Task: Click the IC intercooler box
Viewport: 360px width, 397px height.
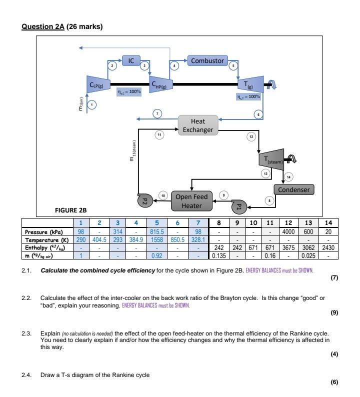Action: (x=131, y=61)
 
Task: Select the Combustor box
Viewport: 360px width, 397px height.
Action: (x=207, y=61)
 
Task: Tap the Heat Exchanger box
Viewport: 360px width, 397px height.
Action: (x=197, y=125)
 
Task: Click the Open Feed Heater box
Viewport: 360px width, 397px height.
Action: (x=192, y=201)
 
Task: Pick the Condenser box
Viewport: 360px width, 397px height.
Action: (x=294, y=189)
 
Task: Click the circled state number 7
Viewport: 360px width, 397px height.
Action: (x=157, y=114)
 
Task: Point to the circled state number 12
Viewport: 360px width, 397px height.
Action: (x=251, y=135)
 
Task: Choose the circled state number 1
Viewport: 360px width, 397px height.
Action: (x=91, y=104)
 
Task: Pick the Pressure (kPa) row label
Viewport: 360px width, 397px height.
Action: (x=41, y=232)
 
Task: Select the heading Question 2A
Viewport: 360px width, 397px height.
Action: (x=42, y=26)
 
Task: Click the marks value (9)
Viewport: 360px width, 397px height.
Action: (x=334, y=313)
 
